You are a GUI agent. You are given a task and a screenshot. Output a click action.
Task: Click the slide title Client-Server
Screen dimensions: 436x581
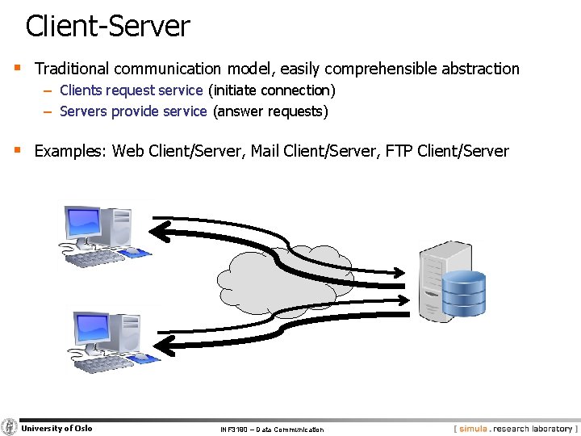click(x=107, y=26)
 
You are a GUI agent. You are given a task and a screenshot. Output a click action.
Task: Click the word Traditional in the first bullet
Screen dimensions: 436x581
click(x=72, y=69)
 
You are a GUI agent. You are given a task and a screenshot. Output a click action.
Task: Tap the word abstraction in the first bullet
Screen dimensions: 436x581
click(x=476, y=69)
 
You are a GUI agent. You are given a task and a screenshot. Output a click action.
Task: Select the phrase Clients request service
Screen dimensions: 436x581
click(x=131, y=90)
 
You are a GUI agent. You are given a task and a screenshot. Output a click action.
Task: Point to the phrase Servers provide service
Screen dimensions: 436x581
click(x=133, y=111)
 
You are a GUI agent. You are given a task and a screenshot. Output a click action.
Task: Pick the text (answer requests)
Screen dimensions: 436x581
click(x=270, y=111)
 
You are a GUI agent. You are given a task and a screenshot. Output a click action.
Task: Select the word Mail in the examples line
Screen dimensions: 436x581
click(x=265, y=151)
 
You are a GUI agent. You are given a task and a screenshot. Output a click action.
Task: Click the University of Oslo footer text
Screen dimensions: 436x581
click(x=56, y=428)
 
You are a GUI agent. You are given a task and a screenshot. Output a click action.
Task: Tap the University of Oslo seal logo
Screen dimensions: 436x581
click(x=9, y=427)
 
